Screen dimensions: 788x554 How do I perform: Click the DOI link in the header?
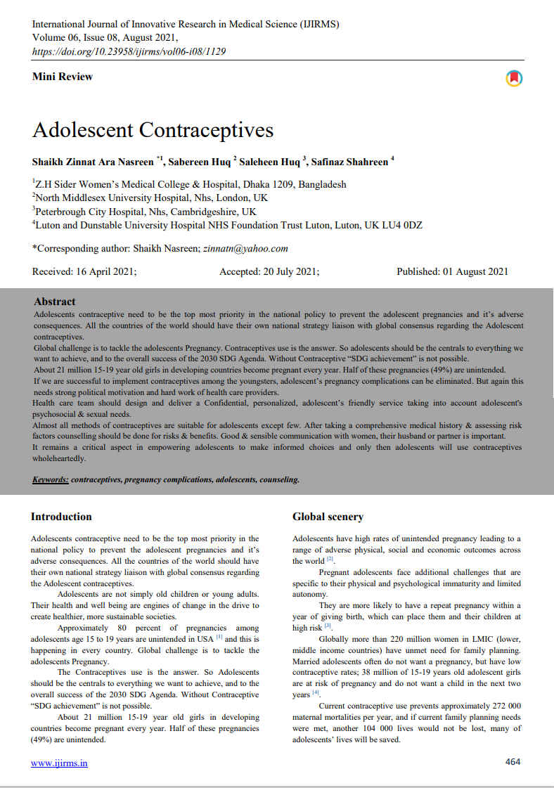[x=129, y=51]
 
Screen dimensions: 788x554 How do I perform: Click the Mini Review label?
[x=62, y=77]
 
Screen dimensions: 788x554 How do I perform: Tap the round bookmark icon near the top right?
[x=514, y=78]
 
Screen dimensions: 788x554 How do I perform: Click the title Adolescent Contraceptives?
[x=153, y=130]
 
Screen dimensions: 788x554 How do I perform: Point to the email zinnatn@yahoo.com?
[x=245, y=248]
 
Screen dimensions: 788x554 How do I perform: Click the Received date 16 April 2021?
[x=84, y=271]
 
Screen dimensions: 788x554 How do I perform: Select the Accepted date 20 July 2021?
[x=269, y=271]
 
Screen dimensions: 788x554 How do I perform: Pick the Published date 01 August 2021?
[x=452, y=271]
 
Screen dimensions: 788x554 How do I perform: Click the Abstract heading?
[x=54, y=302]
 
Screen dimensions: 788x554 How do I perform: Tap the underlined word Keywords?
[x=50, y=479]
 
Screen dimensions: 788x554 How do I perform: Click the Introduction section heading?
[x=61, y=517]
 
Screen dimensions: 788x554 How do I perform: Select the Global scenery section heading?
[x=328, y=517]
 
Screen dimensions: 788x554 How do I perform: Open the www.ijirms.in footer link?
[x=59, y=763]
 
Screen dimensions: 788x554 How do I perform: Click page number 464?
[x=513, y=761]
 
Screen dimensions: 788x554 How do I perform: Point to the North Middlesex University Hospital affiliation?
[x=152, y=198]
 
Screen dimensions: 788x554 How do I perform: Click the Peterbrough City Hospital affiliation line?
[x=146, y=211]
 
